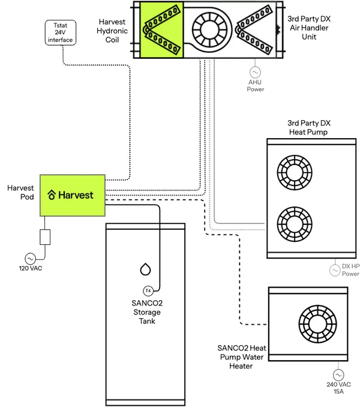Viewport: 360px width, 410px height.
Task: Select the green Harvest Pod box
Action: [71, 195]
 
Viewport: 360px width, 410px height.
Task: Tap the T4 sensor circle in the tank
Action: [148, 291]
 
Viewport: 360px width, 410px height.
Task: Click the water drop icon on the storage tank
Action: [145, 269]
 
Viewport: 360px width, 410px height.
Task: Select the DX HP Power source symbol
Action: [335, 271]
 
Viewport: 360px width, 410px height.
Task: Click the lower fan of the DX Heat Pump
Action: [294, 223]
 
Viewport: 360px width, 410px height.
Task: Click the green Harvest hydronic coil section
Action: [162, 29]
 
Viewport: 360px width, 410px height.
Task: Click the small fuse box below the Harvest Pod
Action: [45, 237]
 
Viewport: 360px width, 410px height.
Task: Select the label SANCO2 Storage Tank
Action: [145, 312]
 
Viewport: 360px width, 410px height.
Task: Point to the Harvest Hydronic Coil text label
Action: [113, 31]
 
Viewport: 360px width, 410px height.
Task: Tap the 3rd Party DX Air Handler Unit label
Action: [308, 28]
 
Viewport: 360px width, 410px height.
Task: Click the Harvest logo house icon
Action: [52, 195]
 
